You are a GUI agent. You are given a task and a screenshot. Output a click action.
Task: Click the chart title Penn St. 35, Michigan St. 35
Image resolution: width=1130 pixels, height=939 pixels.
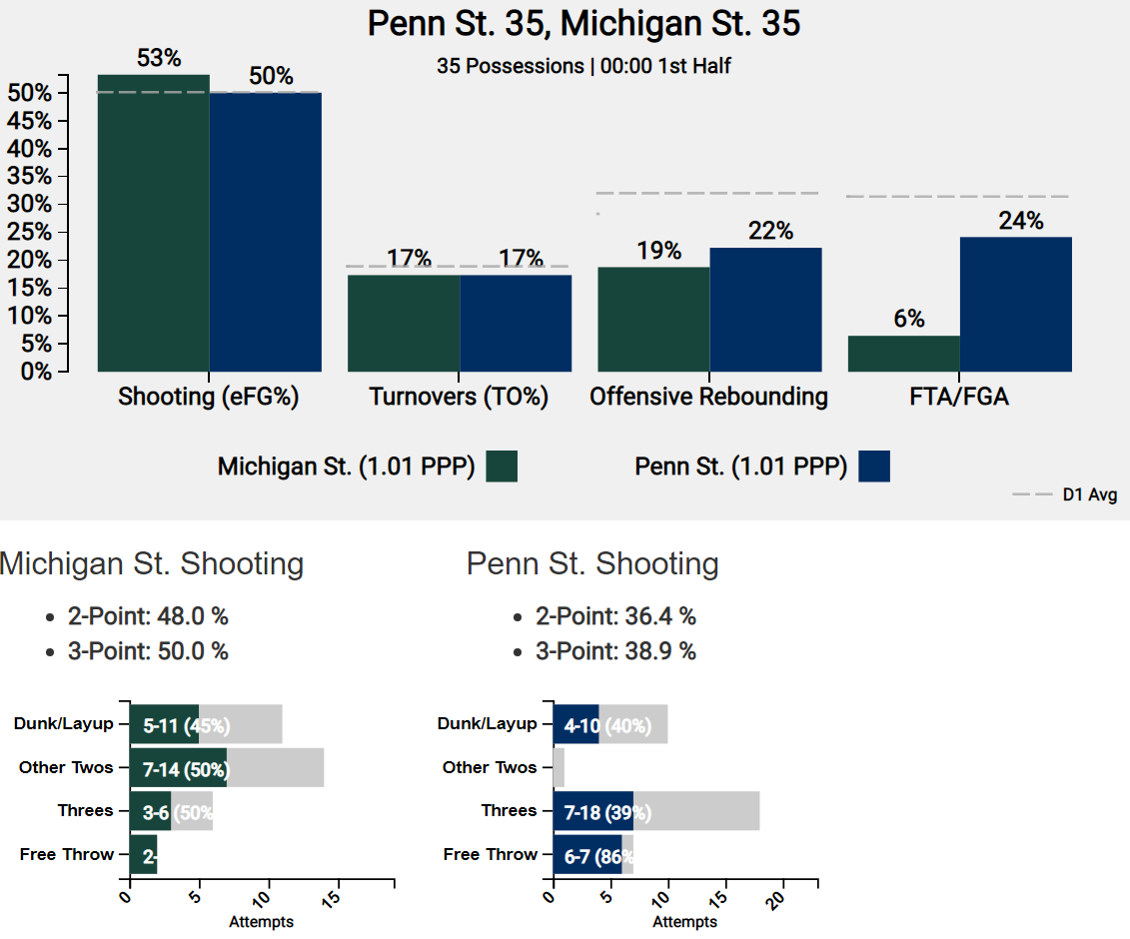point(583,24)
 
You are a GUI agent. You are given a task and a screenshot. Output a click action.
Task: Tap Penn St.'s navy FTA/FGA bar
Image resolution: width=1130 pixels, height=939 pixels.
point(1015,304)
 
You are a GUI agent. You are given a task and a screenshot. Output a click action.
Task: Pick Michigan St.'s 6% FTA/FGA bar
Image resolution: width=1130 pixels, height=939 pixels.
point(903,354)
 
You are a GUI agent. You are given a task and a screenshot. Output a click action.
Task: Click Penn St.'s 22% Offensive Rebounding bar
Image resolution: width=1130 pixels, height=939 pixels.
point(765,310)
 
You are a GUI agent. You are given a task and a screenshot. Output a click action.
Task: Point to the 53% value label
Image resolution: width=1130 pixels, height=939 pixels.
point(159,59)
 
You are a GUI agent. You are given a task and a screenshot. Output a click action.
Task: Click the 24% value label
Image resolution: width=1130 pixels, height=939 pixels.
point(1020,221)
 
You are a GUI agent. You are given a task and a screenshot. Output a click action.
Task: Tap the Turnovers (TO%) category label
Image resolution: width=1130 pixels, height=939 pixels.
point(459,397)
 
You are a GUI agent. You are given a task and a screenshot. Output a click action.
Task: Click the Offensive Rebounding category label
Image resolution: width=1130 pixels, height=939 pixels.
point(708,397)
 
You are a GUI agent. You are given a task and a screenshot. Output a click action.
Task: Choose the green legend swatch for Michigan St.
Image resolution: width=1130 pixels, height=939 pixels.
point(502,467)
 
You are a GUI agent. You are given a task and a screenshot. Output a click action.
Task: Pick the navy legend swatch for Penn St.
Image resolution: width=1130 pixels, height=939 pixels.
point(873,467)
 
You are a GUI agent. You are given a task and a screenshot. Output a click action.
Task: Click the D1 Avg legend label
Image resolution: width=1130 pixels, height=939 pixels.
point(1089,495)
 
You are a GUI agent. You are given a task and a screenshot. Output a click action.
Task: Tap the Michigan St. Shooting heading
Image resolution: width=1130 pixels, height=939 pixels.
point(152,563)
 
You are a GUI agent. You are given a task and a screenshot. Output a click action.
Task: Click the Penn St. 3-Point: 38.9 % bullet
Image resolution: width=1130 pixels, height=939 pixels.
point(615,651)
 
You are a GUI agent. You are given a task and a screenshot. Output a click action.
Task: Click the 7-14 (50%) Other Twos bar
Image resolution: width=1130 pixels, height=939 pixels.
point(178,767)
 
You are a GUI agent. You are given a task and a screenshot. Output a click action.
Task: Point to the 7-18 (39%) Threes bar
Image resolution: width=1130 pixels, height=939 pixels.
point(593,811)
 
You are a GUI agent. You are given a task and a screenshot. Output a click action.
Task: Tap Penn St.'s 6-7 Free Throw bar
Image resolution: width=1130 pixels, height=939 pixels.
point(587,854)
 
